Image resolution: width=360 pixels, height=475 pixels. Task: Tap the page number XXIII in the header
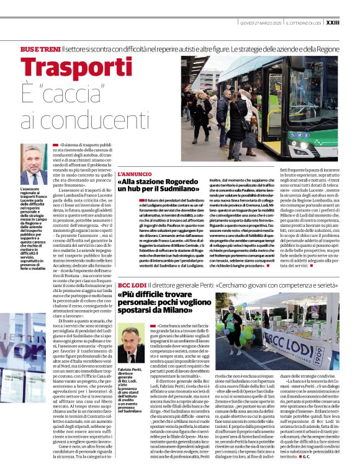(349, 24)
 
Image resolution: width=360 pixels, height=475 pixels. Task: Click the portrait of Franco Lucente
(34, 164)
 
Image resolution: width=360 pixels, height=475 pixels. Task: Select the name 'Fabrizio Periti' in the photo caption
(128, 370)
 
